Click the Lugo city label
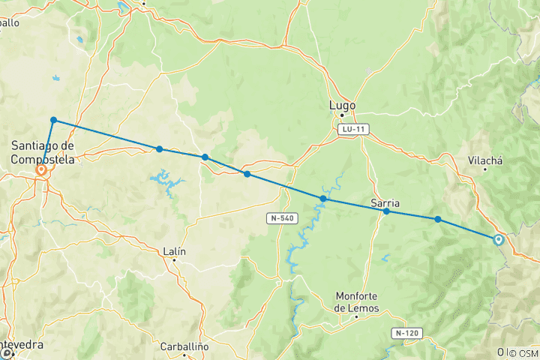[342, 106]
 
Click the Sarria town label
[385, 203]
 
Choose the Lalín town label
[174, 252]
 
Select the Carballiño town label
[183, 346]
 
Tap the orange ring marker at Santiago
[42, 170]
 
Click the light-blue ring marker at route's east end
[498, 240]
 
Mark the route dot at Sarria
[386, 211]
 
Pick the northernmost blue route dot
[54, 120]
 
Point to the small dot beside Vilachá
[484, 169]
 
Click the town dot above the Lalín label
[174, 261]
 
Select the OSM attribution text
[525, 352]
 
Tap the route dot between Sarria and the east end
[438, 219]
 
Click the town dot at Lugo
[342, 115]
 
